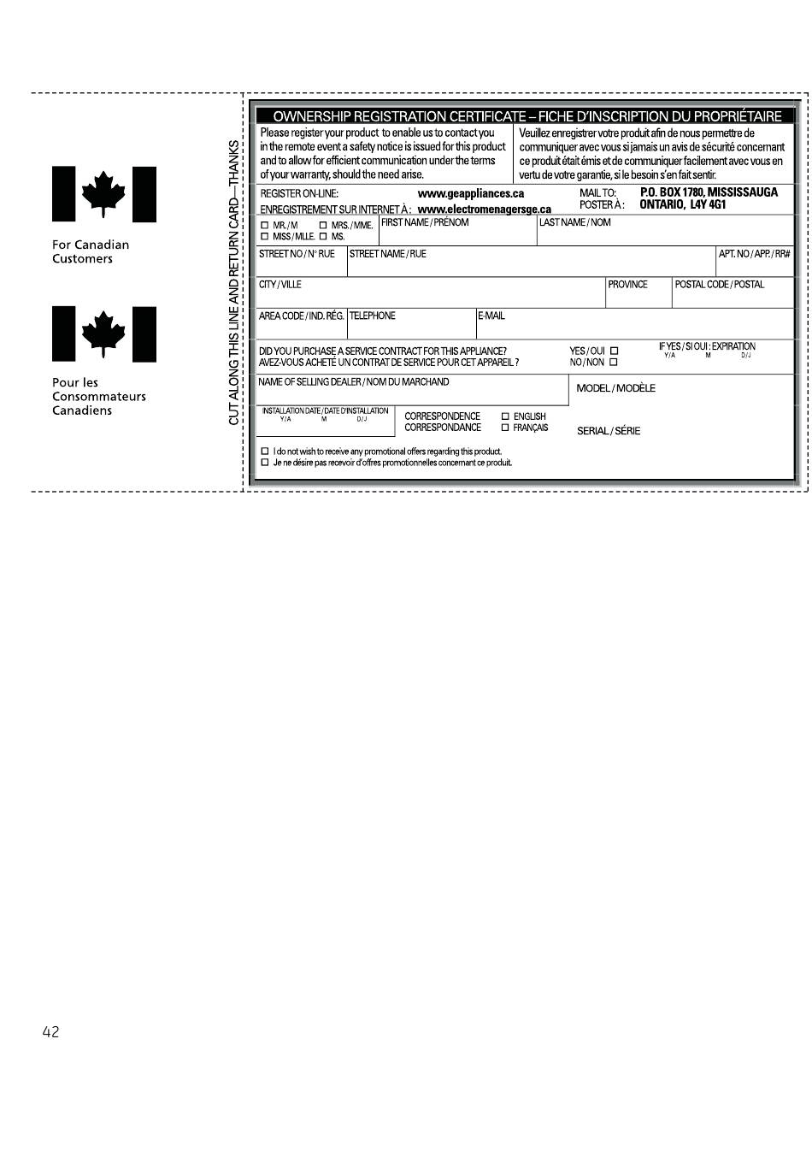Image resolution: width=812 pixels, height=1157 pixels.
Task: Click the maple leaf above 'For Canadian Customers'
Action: pyautogui.click(x=103, y=194)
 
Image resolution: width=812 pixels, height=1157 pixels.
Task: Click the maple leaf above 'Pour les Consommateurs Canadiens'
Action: pyautogui.click(x=103, y=334)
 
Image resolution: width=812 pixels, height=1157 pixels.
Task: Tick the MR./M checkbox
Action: pyautogui.click(x=265, y=225)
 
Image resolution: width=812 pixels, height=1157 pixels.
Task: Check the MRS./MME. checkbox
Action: pyautogui.click(x=323, y=225)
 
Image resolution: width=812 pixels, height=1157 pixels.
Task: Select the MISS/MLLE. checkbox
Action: pyautogui.click(x=265, y=236)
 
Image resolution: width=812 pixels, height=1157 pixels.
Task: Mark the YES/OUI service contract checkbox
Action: pyautogui.click(x=614, y=351)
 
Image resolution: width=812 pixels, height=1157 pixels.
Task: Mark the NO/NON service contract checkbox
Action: pyautogui.click(x=614, y=362)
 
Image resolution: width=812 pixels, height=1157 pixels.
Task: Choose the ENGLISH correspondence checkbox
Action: pyautogui.click(x=505, y=416)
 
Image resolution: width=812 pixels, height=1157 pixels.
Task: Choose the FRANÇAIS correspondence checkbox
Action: pyautogui.click(x=505, y=428)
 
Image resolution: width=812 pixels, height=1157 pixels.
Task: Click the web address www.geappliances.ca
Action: pyautogui.click(x=470, y=194)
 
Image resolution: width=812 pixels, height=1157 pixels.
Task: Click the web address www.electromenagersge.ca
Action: pyautogui.click(x=484, y=210)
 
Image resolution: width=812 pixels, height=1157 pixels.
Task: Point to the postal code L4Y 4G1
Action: pyautogui.click(x=708, y=205)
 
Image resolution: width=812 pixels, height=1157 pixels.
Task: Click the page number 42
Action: pyautogui.click(x=50, y=1032)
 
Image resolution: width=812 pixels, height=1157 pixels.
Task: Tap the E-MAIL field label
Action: pyautogui.click(x=491, y=316)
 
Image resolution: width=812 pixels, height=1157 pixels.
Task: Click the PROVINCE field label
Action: pyautogui.click(x=627, y=285)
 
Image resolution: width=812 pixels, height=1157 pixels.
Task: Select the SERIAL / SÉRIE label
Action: pyautogui.click(x=608, y=431)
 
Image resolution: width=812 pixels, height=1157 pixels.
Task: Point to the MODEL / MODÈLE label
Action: pyautogui.click(x=615, y=388)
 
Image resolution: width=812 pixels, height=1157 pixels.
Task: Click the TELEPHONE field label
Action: pyautogui.click(x=373, y=316)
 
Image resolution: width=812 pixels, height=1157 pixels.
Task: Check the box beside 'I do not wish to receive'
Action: pyautogui.click(x=265, y=452)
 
